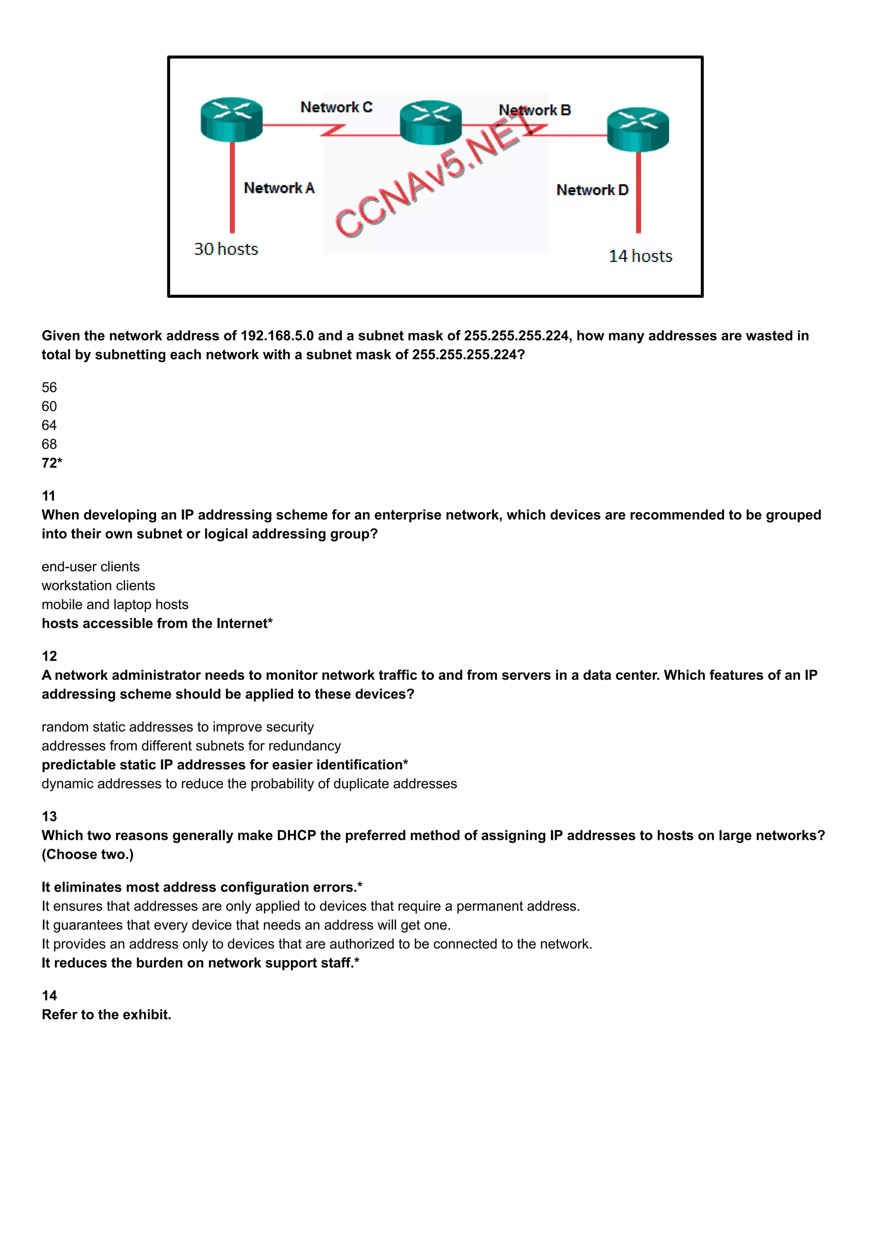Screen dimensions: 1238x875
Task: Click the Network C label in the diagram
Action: (x=336, y=107)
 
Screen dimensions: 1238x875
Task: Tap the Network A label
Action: (x=279, y=188)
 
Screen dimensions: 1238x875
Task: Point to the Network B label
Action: (x=534, y=110)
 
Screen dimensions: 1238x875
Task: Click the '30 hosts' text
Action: (x=226, y=249)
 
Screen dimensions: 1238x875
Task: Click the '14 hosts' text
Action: (x=640, y=256)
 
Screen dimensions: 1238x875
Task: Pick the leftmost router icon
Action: (x=231, y=120)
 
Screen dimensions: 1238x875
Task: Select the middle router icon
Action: (x=430, y=123)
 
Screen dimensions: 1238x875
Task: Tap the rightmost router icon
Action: (x=638, y=129)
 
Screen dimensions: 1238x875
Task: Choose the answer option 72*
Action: (x=52, y=463)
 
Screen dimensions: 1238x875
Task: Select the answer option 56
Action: (x=49, y=388)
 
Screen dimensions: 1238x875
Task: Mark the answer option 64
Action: (x=49, y=425)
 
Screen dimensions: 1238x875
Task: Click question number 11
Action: (x=49, y=496)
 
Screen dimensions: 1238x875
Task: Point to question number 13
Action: (x=49, y=816)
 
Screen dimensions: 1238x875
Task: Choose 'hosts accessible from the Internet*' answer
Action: (x=157, y=623)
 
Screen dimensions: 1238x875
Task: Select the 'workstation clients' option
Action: (x=98, y=586)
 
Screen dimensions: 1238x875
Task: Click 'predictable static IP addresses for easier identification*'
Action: (x=225, y=765)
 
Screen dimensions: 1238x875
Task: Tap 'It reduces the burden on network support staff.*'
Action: (x=200, y=963)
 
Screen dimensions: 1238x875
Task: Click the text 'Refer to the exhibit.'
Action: (x=106, y=1015)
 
